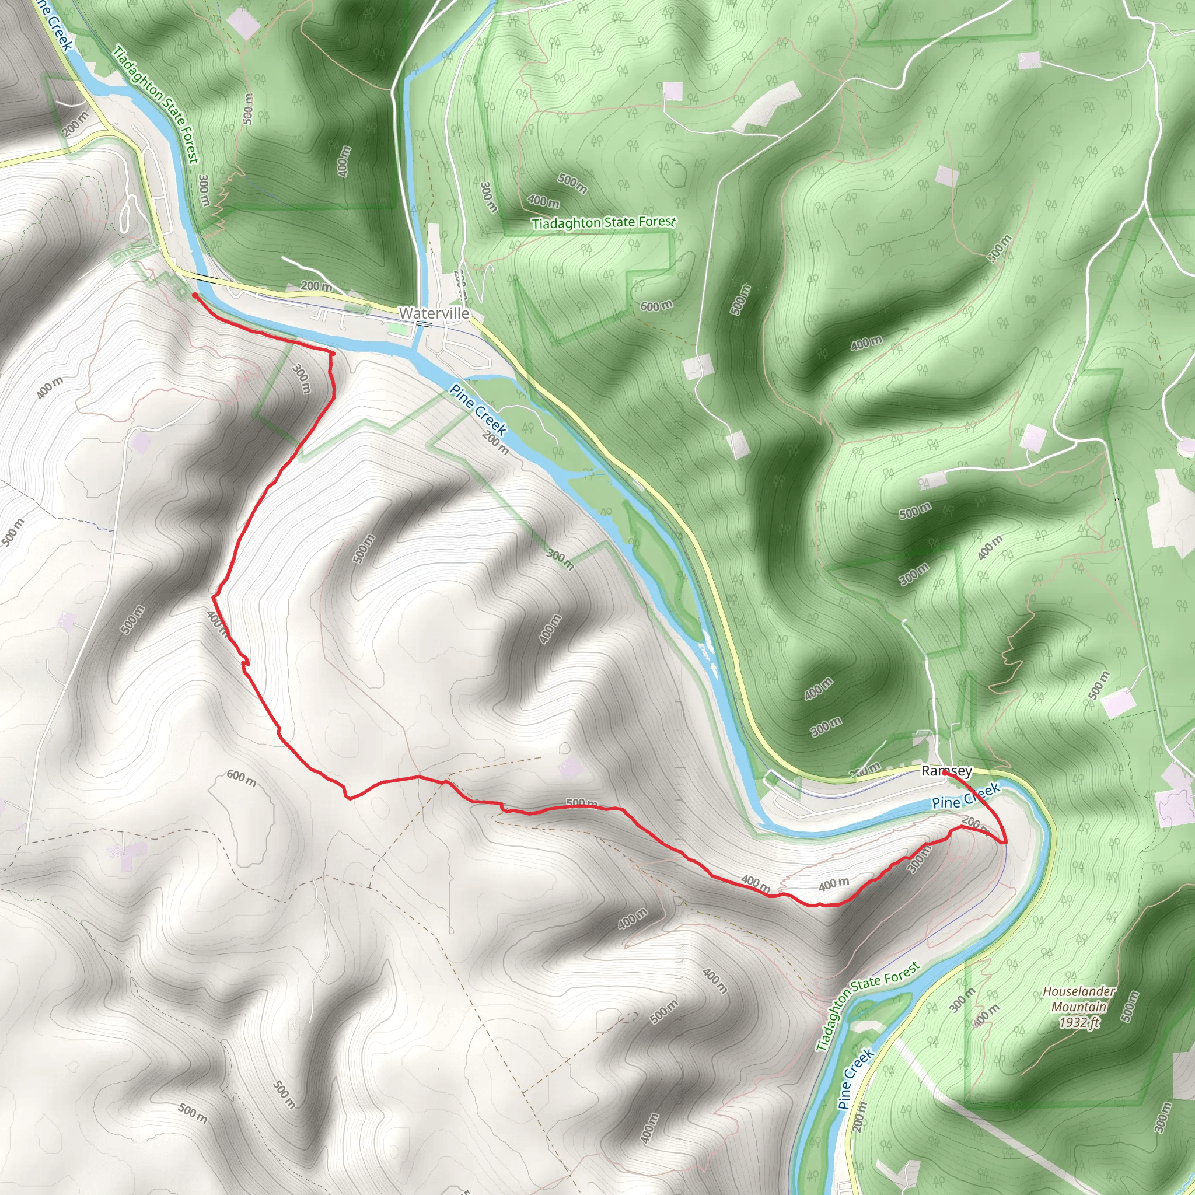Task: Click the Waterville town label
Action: pos(434,313)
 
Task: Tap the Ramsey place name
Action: pos(946,771)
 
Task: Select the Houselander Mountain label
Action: pos(1079,999)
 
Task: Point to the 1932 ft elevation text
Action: pos(1079,1022)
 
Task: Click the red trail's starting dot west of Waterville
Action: pos(195,296)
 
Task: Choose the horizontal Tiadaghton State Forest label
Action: pos(604,222)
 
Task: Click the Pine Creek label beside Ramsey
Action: pos(966,796)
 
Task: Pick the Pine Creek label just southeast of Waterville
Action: pos(478,410)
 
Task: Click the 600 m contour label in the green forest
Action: pos(656,306)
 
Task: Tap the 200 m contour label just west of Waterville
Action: pos(316,286)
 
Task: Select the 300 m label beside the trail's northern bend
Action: pos(301,379)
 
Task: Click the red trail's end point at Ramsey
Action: pos(945,772)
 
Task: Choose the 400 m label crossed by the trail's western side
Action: pos(217,621)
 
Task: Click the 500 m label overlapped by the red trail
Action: pos(582,803)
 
